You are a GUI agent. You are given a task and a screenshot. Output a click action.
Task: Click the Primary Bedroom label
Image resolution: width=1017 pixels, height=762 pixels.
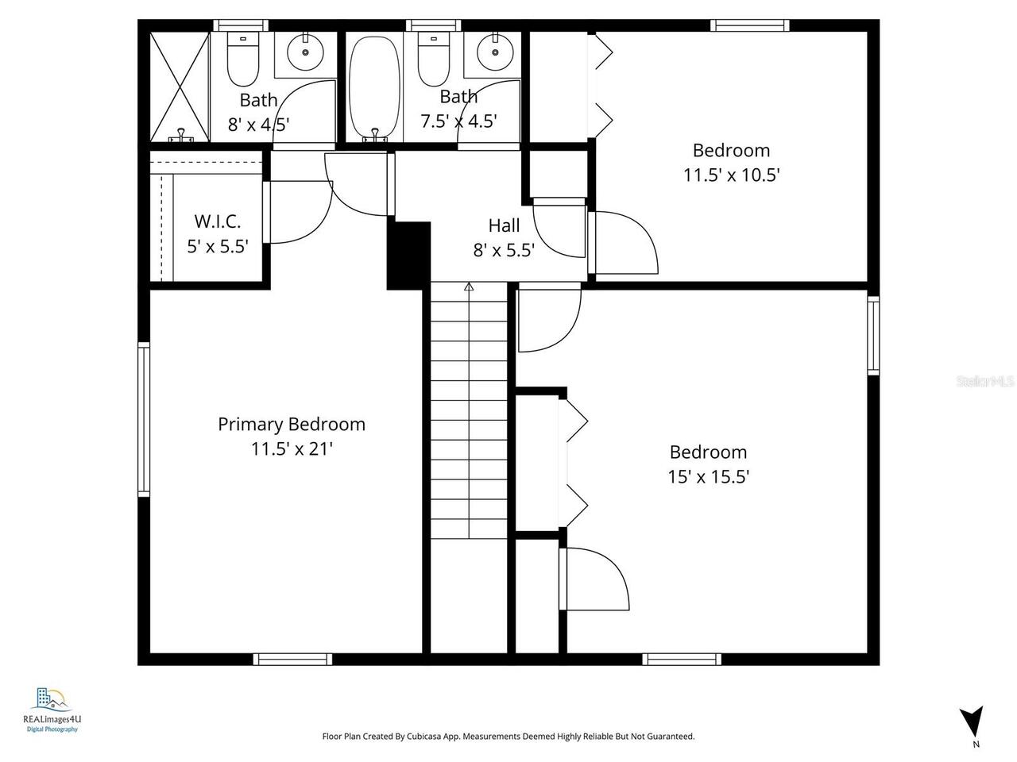[292, 424]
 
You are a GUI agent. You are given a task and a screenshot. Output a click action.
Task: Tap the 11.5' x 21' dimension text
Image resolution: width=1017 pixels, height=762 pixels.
[292, 448]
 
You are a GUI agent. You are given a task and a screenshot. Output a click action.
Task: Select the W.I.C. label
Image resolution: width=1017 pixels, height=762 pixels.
[218, 221]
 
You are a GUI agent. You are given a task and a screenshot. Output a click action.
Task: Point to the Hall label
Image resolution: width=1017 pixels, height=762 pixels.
[504, 225]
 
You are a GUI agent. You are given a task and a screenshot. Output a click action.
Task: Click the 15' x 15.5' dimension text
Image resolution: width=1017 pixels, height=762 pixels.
[708, 476]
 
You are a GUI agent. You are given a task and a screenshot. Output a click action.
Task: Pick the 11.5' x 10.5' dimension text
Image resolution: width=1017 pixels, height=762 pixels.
[731, 175]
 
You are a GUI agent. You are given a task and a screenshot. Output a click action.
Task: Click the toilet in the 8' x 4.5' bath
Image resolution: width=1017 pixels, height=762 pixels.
[242, 59]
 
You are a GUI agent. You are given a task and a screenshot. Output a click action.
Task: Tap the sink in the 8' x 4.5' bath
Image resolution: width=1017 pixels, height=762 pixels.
[304, 54]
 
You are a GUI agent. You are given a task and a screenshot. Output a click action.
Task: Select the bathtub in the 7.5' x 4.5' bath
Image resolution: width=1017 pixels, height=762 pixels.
[373, 87]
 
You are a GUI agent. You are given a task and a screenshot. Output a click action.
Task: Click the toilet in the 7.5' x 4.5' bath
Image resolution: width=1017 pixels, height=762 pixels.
[434, 59]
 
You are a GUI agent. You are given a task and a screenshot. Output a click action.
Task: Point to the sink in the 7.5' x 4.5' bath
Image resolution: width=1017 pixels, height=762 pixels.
[494, 53]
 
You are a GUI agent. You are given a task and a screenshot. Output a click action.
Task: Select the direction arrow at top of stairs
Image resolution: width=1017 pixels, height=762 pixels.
[469, 287]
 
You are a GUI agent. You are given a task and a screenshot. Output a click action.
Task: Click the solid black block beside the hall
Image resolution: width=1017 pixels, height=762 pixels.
[408, 255]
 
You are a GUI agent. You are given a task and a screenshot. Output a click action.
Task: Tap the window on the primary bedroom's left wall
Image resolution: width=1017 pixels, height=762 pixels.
[144, 418]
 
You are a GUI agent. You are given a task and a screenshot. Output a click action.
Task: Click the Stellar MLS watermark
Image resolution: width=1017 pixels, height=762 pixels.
[985, 382]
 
